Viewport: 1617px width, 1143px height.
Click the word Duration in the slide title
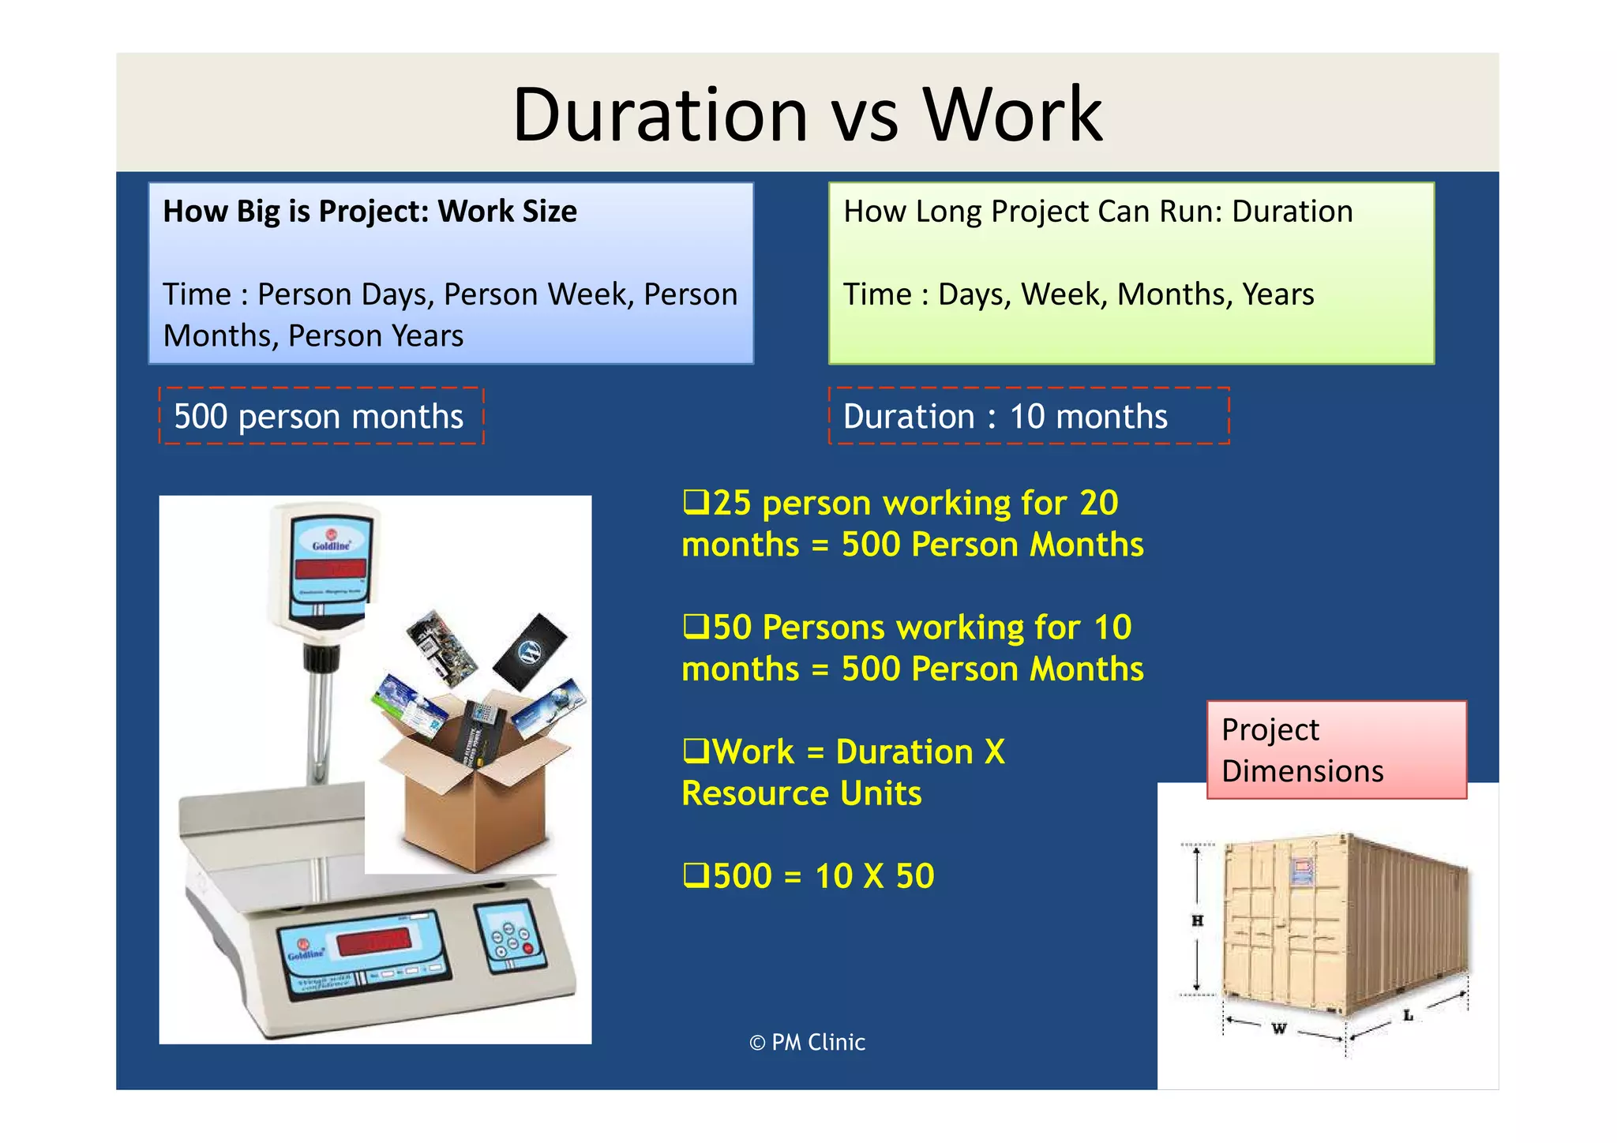[x=660, y=115]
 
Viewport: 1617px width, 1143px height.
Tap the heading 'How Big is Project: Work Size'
[x=370, y=212]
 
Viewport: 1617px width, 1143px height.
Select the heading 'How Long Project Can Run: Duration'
[x=1097, y=212]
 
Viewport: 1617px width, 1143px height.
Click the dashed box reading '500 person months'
[x=321, y=416]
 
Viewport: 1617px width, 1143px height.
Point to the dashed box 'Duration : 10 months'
[x=1028, y=416]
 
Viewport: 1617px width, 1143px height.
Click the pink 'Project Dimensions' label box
[x=1336, y=750]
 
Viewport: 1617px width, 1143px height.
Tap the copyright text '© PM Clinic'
[x=807, y=1042]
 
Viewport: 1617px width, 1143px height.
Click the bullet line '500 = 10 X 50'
[x=821, y=876]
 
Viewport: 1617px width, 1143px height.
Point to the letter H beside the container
[x=1197, y=920]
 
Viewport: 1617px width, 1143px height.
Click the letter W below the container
[x=1279, y=1029]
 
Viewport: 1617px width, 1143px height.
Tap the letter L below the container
[x=1408, y=1015]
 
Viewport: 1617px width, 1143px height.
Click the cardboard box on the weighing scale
[x=474, y=813]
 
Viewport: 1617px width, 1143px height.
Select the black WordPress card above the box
[x=530, y=652]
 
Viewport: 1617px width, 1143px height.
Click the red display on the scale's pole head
[x=330, y=568]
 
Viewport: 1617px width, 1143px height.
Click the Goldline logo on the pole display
[x=331, y=544]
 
